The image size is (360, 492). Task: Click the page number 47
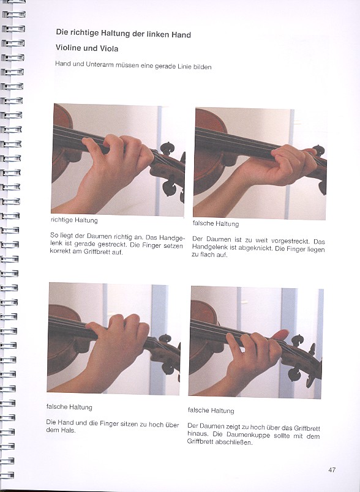pos(332,470)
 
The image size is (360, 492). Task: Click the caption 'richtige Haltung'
pos(74,220)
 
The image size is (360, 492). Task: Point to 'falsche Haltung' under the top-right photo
pos(216,223)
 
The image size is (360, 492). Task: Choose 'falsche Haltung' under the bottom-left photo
pos(69,407)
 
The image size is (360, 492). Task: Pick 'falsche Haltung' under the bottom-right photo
pos(211,410)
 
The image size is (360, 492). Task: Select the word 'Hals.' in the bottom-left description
pos(69,430)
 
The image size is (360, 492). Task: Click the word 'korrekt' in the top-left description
pos(60,252)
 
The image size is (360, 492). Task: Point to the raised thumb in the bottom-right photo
pos(280,335)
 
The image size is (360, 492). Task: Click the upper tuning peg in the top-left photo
pos(168,149)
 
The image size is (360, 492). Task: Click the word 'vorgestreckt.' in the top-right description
pos(290,241)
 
